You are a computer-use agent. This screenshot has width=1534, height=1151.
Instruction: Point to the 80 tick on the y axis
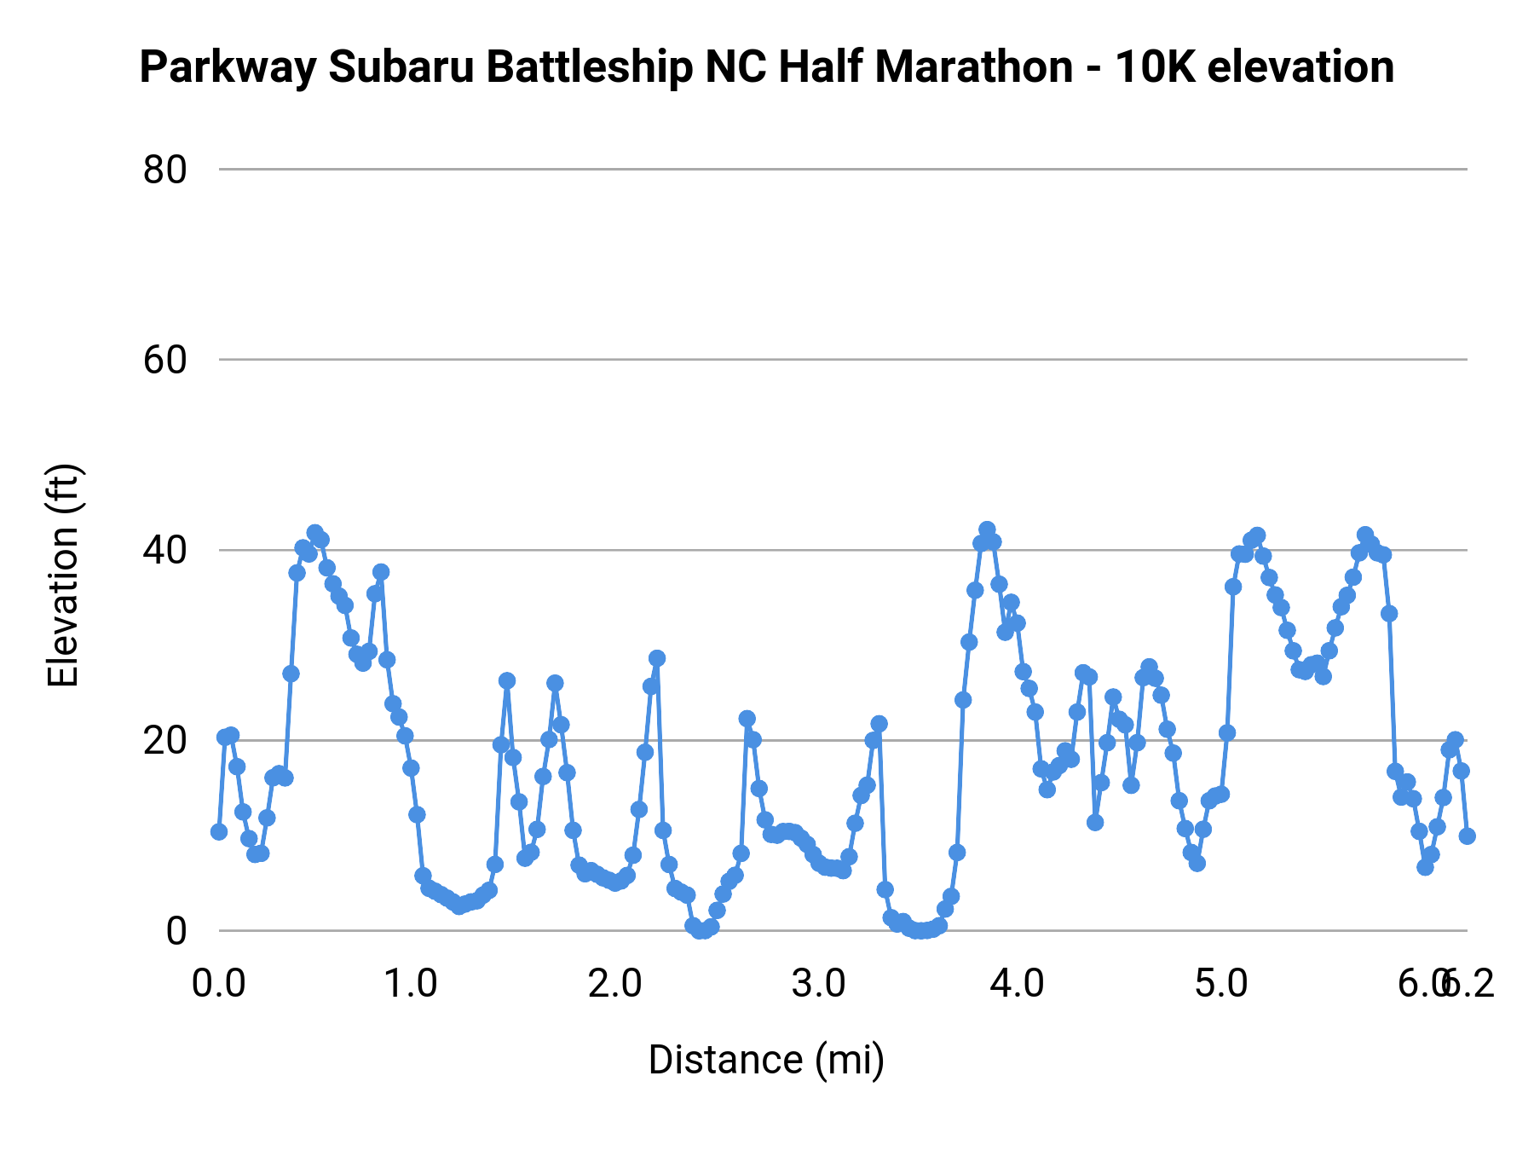pos(164,170)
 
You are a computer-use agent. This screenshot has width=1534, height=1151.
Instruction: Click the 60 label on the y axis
pos(164,360)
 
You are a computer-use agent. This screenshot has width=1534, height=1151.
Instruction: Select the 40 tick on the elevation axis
pos(164,550)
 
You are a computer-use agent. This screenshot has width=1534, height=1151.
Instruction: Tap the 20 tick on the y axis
pos(164,740)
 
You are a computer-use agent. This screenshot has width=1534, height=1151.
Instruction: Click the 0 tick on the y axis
pos(176,930)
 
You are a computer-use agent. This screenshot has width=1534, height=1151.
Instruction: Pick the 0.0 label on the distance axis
pos(219,984)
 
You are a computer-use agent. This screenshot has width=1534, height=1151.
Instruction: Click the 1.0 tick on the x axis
pos(412,984)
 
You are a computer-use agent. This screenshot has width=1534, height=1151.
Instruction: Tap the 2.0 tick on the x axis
pos(615,984)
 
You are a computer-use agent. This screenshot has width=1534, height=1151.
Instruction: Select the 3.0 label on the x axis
pos(818,984)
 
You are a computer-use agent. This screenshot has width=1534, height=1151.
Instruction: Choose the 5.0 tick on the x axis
pos(1221,984)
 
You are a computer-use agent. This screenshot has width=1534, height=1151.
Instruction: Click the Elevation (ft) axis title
pos(63,575)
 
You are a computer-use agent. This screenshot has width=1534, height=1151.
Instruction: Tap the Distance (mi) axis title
pos(766,1060)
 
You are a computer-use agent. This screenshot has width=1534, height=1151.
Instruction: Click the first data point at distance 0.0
pos(219,831)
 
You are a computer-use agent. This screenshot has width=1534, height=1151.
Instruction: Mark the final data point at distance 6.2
pos(1467,836)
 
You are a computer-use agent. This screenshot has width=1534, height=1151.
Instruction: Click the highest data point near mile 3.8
pos(987,529)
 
